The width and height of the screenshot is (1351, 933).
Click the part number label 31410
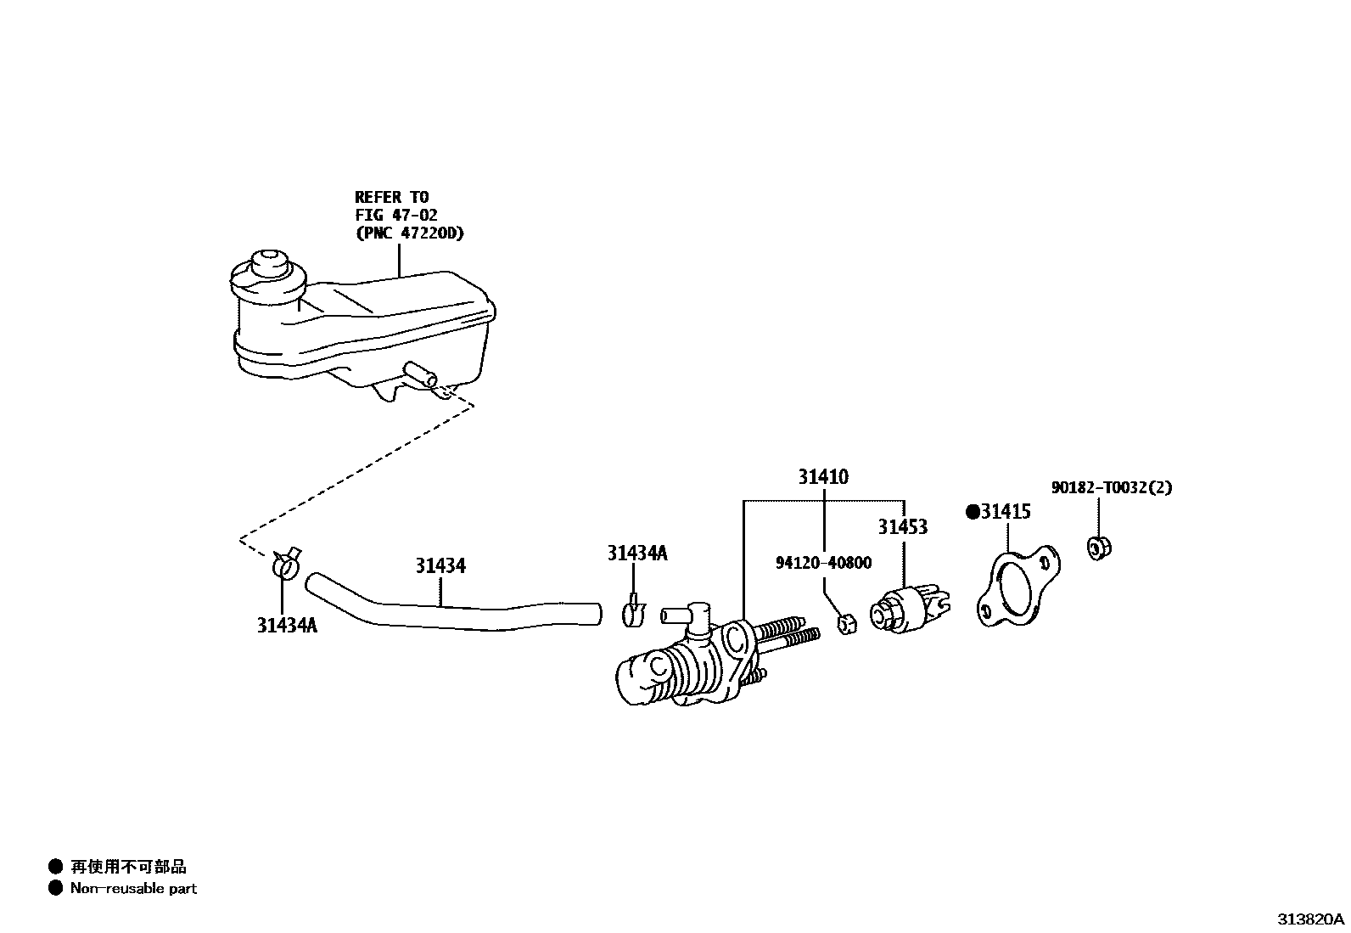coord(822,477)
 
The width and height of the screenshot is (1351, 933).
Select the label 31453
coord(902,527)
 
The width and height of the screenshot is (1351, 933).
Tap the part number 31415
coord(1006,512)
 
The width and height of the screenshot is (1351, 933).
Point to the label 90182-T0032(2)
coord(1112,487)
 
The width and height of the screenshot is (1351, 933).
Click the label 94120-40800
coord(822,563)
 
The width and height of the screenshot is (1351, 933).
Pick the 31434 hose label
coord(440,565)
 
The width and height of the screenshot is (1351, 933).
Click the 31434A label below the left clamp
coord(287,626)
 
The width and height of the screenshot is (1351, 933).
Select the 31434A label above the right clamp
coord(636,554)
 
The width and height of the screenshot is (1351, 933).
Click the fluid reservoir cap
coord(270,263)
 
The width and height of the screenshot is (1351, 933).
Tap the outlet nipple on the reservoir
coord(422,376)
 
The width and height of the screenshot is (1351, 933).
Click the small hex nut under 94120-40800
coord(846,624)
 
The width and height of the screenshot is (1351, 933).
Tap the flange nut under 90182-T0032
coord(1099,548)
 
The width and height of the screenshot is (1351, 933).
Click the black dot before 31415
coord(973,512)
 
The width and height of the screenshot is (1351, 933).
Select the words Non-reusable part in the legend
coord(133,889)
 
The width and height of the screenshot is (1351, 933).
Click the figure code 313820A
coord(1311,919)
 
